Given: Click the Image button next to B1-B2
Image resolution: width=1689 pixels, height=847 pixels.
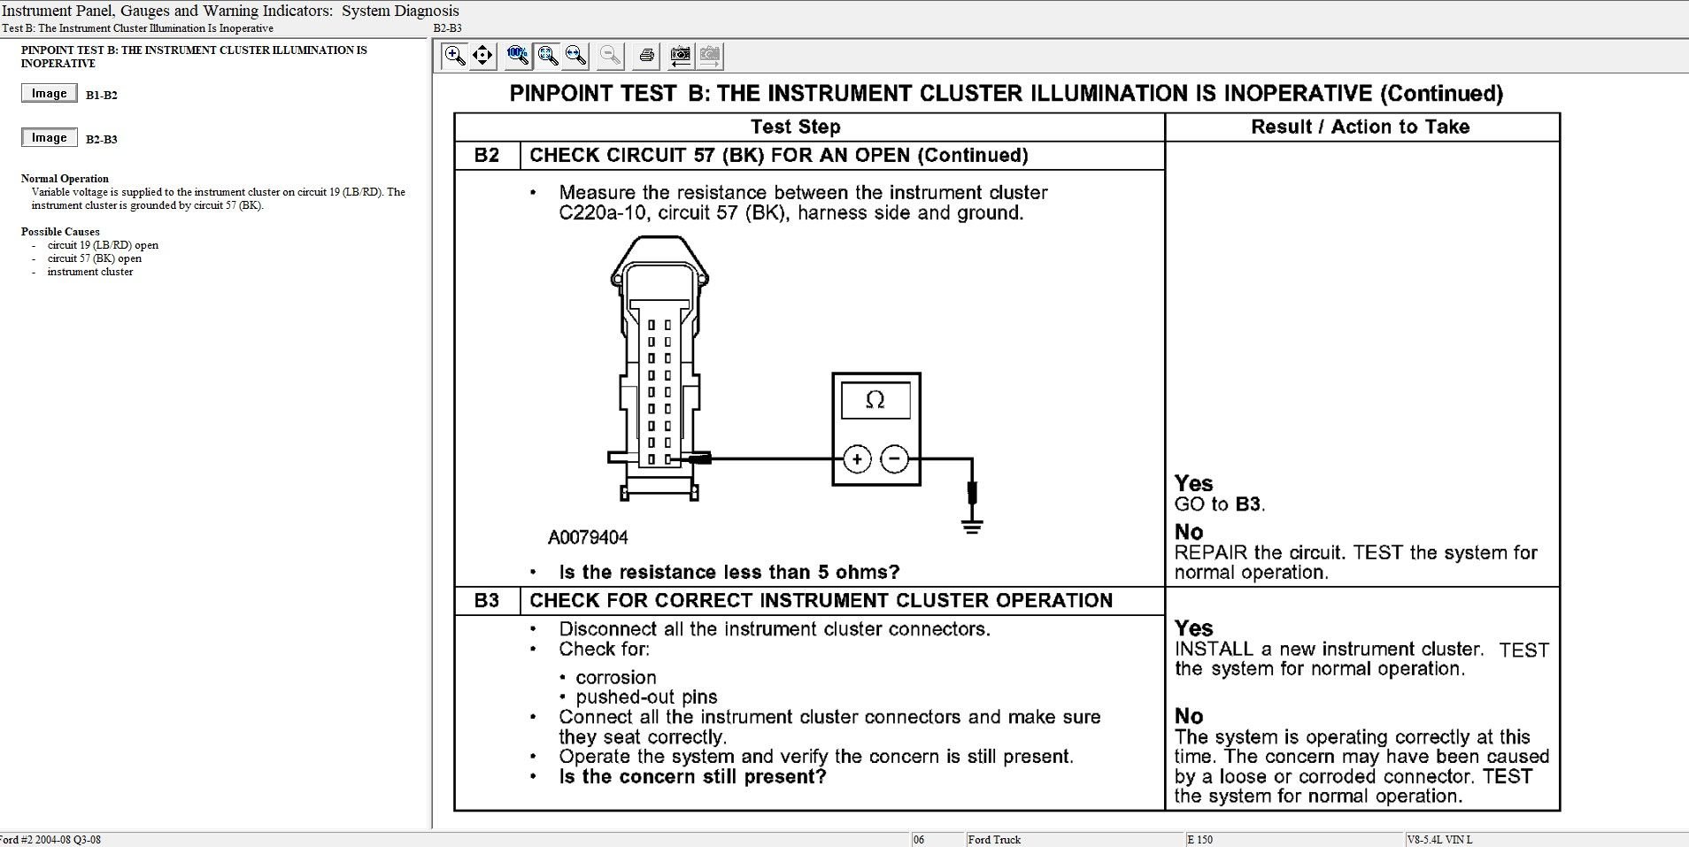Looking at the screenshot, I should coord(49,94).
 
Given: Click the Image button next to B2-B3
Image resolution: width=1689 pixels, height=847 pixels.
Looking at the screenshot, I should coord(49,138).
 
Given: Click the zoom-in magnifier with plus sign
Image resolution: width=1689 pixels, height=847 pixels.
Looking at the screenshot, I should coord(455,56).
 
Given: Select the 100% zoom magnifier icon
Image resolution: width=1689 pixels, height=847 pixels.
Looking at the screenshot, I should coord(518,56).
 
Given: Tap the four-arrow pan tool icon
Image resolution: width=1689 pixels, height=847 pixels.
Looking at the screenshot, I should coord(482,56).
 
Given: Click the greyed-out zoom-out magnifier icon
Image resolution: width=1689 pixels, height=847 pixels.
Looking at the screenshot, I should coord(610,56).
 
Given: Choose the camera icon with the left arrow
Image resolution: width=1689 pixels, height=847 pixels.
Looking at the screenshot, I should coord(680,56).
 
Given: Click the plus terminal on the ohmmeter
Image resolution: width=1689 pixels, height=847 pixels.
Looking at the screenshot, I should coord(857,458).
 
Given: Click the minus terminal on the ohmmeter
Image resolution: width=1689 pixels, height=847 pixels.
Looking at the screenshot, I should coord(895,458).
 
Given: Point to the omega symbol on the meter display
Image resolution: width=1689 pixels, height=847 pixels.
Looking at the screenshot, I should coord(875,400).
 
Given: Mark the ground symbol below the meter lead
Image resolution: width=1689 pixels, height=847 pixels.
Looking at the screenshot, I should coord(972,527).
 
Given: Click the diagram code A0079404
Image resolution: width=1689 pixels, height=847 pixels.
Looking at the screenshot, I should coord(588,537).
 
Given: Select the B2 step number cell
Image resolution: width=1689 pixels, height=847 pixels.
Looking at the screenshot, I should coord(487,155).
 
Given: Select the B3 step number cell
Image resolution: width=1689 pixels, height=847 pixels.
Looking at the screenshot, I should coord(487,600).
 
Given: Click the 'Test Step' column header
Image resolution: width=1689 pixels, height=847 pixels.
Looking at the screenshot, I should coord(795,127).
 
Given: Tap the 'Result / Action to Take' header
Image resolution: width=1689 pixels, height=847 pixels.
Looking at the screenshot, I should coord(1360,127).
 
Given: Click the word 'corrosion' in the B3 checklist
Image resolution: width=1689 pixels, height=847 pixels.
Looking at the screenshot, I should coord(615,677).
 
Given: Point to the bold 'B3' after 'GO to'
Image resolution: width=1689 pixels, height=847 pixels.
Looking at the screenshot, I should coord(1247,504).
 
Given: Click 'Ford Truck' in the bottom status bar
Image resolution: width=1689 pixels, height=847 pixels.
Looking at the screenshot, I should coord(994,839).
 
